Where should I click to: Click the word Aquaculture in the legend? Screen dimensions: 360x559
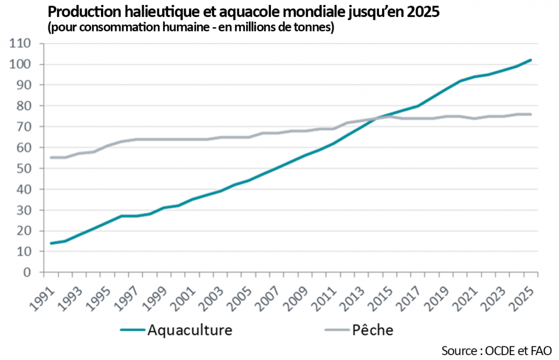point(190,330)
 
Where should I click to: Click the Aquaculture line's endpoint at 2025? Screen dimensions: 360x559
point(531,60)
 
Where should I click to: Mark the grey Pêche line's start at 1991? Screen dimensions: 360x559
point(51,157)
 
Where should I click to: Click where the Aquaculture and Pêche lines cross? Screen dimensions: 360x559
point(376,118)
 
